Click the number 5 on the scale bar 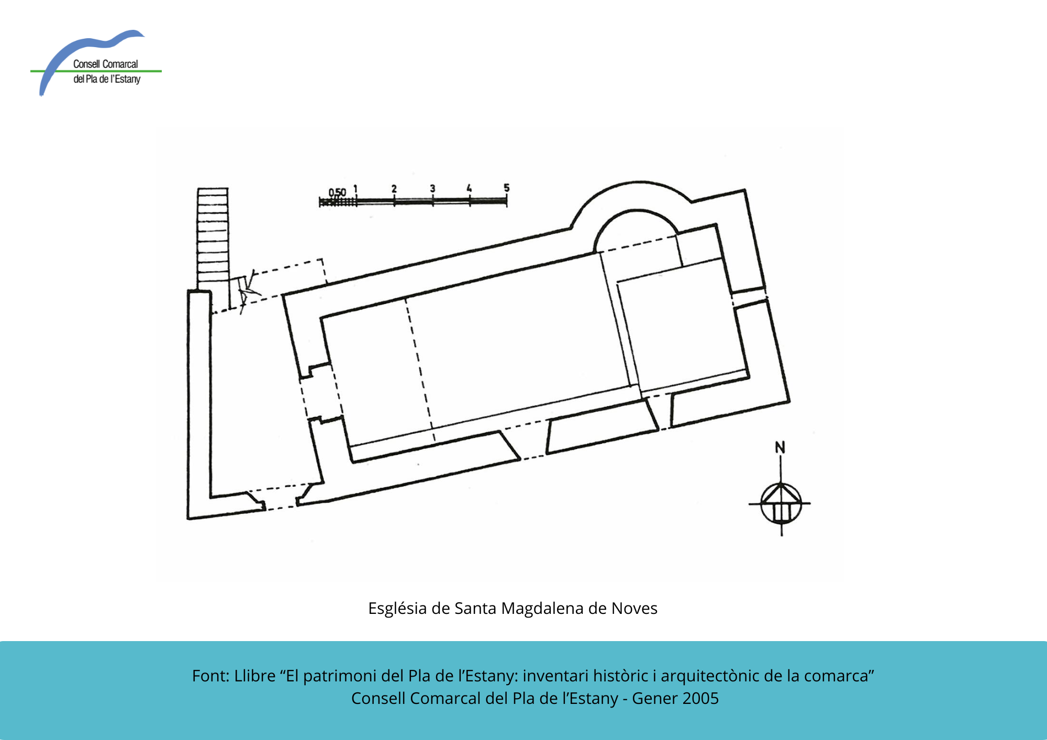point(506,187)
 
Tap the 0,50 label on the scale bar point(337,193)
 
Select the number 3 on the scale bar point(432,188)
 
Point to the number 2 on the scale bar point(394,188)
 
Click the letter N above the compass point(780,447)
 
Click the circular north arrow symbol point(781,503)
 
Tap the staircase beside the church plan point(213,238)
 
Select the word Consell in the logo point(86,64)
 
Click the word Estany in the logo point(128,80)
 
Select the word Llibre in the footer point(255,676)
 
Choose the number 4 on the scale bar point(469,188)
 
